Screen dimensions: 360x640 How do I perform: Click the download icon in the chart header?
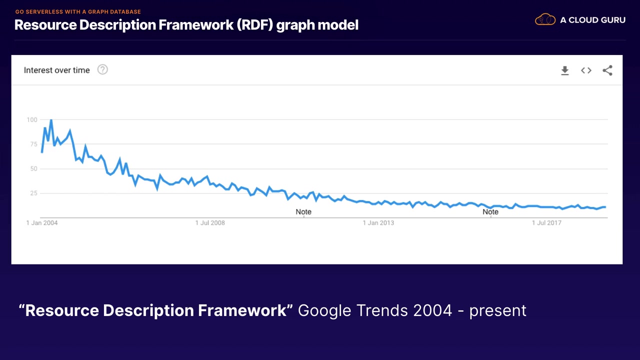tap(564, 70)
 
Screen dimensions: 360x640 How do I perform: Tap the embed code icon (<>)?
tap(586, 70)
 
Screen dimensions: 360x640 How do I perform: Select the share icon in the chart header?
tap(607, 70)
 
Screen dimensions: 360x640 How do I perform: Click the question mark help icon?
tap(102, 70)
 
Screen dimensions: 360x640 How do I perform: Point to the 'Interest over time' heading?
tap(56, 70)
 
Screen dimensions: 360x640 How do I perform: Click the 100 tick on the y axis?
tap(32, 119)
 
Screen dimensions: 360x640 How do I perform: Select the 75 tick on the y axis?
tap(33, 144)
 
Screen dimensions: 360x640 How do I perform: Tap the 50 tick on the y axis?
tap(33, 168)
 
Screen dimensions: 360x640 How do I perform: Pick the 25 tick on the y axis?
tap(33, 193)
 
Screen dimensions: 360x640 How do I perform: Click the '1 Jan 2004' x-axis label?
tap(42, 223)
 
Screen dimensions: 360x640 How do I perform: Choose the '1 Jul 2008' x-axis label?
tap(210, 223)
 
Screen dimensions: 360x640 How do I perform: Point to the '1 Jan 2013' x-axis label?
tap(378, 223)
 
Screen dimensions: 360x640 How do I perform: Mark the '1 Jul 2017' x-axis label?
tap(546, 223)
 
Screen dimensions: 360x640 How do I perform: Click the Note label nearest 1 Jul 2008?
tap(303, 212)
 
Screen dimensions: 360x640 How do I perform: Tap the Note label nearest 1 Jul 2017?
tap(490, 212)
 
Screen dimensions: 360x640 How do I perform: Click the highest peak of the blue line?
tap(51, 120)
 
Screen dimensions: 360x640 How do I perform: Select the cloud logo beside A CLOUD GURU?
tap(545, 20)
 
